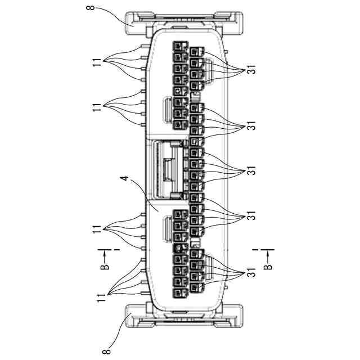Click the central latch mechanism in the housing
tap(169, 169)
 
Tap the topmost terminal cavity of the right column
tap(195, 53)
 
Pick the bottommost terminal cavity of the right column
tap(195, 289)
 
